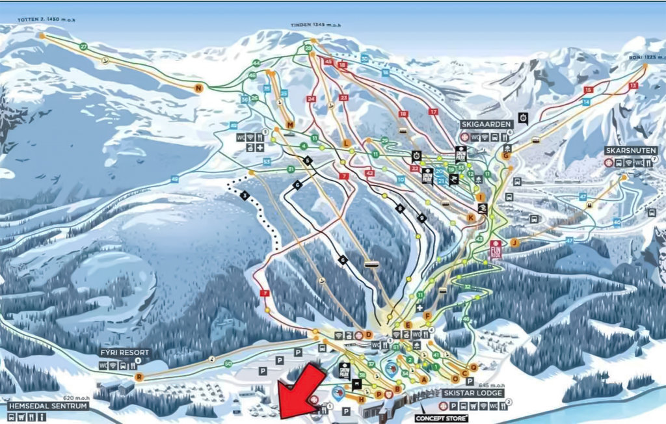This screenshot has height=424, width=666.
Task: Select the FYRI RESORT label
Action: click(124, 352)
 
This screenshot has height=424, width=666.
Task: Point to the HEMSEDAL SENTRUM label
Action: click(47, 405)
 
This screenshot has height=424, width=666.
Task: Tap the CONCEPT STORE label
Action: click(442, 418)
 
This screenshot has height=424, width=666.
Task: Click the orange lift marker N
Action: click(198, 88)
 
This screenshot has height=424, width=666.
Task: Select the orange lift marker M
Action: click(290, 124)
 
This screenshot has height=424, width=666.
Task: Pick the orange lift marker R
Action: click(139, 377)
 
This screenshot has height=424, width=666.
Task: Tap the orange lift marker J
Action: click(514, 243)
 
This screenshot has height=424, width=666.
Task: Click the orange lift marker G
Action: click(505, 155)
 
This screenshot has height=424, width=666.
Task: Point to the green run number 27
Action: click(83, 47)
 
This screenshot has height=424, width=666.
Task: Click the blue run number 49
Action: click(174, 179)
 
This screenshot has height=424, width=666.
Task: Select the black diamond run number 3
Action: click(245, 195)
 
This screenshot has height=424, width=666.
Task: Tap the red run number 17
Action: click(434, 112)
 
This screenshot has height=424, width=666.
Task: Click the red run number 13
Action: click(633, 86)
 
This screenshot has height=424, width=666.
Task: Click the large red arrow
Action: click(301, 391)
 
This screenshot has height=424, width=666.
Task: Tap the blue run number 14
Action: click(586, 103)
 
